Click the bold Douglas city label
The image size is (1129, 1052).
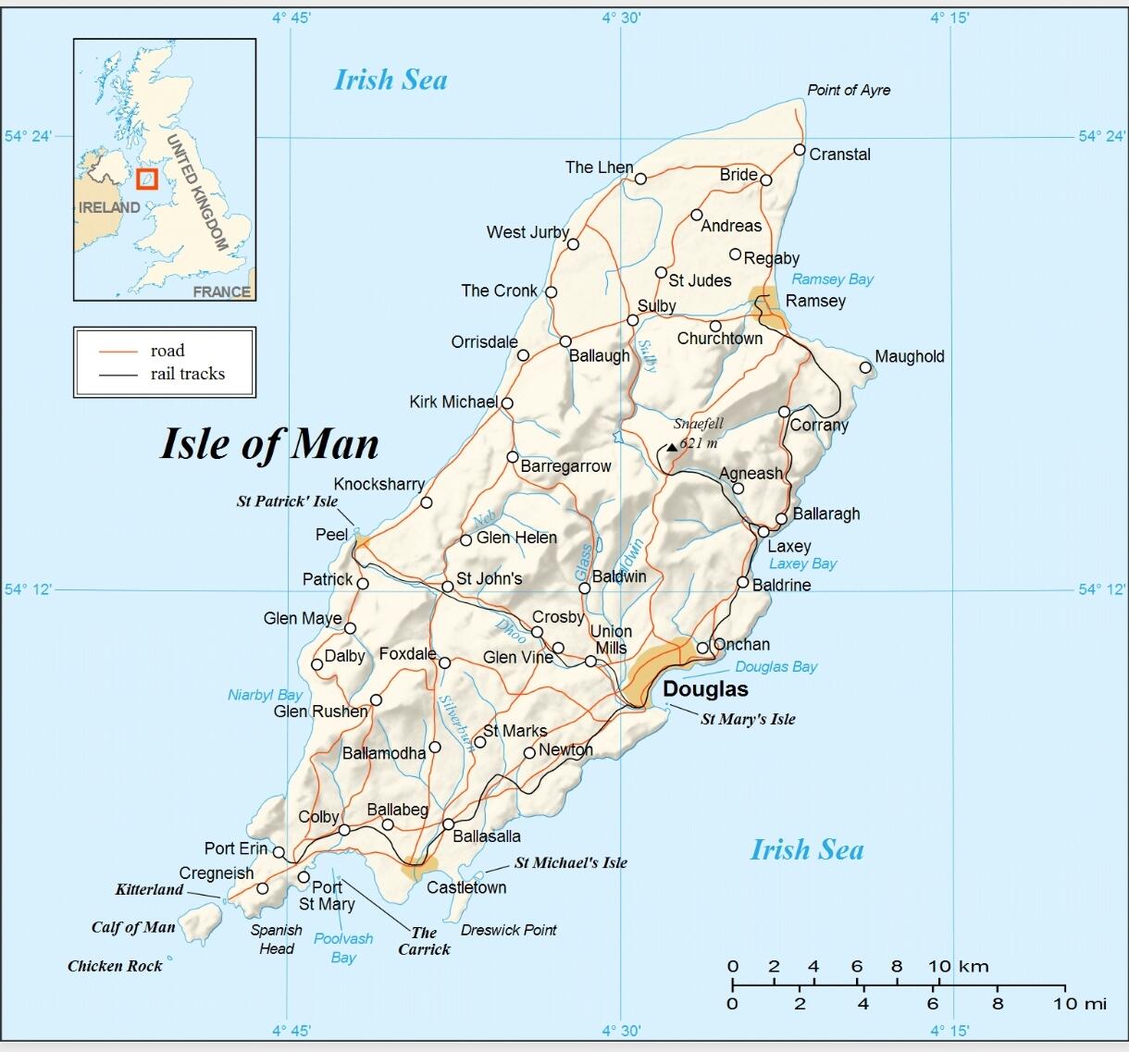(705, 689)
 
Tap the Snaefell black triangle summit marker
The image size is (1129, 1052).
(672, 447)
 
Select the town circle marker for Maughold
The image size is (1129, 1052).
(865, 367)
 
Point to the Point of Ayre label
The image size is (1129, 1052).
(849, 90)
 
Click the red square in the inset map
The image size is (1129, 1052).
(147, 179)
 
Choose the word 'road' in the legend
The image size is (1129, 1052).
(167, 351)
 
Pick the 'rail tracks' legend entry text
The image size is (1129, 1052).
(188, 374)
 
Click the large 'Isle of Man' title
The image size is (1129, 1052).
(269, 443)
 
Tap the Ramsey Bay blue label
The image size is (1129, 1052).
(832, 279)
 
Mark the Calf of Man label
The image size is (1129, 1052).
(133, 927)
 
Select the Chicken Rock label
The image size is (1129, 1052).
(115, 966)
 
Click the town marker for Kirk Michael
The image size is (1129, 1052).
(507, 402)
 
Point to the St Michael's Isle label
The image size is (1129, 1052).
(570, 862)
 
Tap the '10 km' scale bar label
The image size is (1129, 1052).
(959, 967)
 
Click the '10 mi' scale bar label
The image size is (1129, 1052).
(1081, 1004)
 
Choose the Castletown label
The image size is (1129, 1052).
(466, 887)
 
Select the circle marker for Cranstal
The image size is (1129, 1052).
(800, 150)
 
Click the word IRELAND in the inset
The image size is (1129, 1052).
(109, 207)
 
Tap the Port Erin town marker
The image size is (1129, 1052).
(279, 852)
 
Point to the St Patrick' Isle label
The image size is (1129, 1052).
(287, 501)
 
